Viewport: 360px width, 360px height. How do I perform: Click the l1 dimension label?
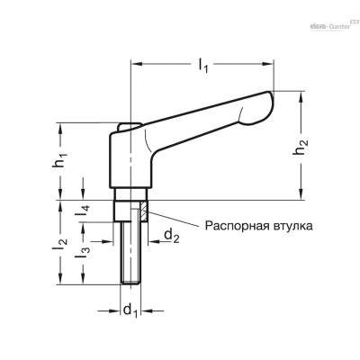click(203, 66)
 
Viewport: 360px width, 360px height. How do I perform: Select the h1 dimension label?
click(60, 159)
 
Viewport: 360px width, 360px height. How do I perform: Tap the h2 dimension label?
click(301, 148)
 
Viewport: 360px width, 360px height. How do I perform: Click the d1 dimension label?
click(130, 310)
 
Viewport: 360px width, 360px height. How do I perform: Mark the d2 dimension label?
click(172, 235)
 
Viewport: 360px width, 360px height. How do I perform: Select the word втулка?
click(292, 226)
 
